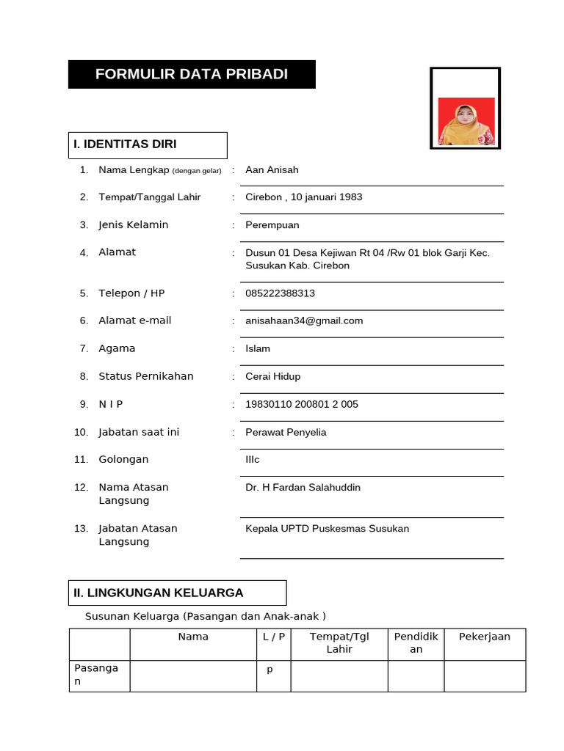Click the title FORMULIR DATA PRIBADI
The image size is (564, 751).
[192, 74]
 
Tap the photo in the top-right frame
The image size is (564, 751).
[466, 121]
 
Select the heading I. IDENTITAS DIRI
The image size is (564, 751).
[124, 144]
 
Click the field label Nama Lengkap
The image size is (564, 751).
[135, 170]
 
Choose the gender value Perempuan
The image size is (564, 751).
[272, 225]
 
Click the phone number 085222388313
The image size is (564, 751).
[280, 293]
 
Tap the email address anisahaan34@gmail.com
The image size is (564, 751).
[304, 320]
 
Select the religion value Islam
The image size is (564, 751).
[258, 348]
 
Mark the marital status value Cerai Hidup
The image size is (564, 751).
[272, 376]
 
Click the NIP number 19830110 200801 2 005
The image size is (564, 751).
[302, 404]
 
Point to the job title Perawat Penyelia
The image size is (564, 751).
[286, 432]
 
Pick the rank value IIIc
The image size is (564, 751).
[253, 460]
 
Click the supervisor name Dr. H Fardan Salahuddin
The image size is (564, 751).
[303, 488]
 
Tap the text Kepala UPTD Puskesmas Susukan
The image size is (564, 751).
[327, 529]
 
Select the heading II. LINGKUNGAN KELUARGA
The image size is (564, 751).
[158, 593]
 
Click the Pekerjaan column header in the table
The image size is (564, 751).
[485, 637]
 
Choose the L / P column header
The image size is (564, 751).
[273, 637]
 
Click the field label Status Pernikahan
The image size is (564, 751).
[146, 376]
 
